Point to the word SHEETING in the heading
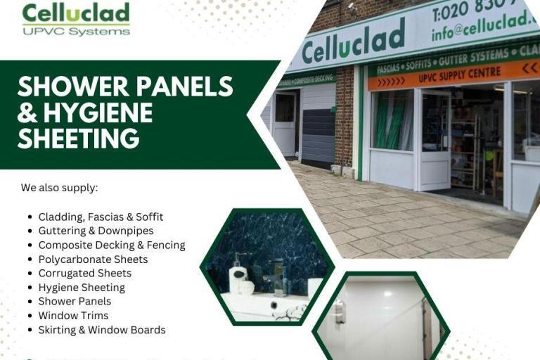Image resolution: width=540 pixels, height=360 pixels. click(x=78, y=138)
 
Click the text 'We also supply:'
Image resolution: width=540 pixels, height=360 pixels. click(x=59, y=188)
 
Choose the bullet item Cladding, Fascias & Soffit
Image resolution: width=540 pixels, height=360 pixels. click(x=101, y=217)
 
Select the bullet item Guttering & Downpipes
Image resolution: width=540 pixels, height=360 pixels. click(x=96, y=231)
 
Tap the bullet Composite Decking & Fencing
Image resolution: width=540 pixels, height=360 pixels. click(x=112, y=245)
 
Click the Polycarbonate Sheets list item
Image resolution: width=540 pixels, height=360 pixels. click(x=93, y=259)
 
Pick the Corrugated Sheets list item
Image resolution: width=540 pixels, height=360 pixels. click(x=84, y=273)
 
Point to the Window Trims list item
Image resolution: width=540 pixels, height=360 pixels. click(x=73, y=315)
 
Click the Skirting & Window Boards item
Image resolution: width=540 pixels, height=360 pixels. click(x=102, y=329)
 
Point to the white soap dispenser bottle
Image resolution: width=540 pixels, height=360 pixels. click(x=238, y=274)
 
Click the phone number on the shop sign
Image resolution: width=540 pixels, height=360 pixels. click(x=478, y=11)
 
